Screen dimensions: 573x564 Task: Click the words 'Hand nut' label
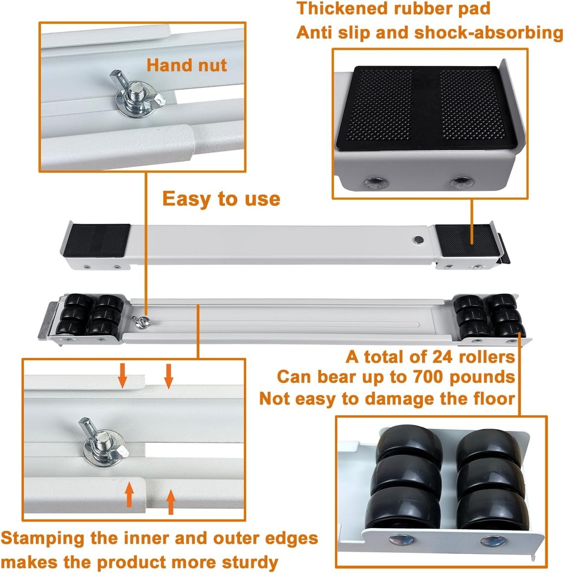(187, 65)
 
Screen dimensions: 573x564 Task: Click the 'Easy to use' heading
(221, 199)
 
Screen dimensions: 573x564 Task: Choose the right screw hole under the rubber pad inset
(462, 182)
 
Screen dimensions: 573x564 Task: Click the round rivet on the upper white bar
(418, 239)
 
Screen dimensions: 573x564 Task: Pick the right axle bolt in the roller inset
(493, 541)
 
